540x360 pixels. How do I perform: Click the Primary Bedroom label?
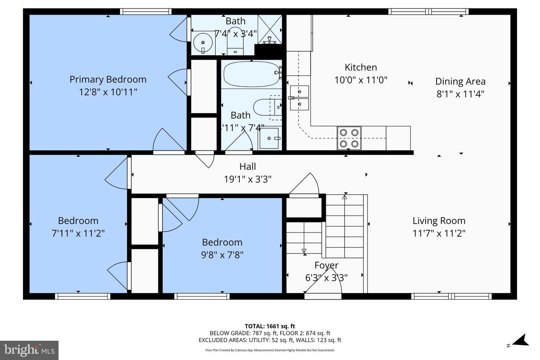[108, 79]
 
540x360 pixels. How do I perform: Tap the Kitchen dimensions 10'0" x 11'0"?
[360, 80]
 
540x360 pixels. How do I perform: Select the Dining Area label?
[460, 81]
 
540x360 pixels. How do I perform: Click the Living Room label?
[439, 221]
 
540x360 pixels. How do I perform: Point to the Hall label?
[247, 166]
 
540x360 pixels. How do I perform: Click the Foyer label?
[326, 265]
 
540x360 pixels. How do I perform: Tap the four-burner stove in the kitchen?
[349, 138]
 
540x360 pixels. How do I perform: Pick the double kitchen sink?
[299, 98]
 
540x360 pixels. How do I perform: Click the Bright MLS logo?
[29, 350]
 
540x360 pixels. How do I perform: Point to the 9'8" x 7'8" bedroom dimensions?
[222, 255]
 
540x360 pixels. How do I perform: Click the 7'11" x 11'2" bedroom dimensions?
[78, 233]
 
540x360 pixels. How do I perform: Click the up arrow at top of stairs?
[345, 196]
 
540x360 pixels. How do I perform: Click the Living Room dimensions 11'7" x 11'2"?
[439, 233]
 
